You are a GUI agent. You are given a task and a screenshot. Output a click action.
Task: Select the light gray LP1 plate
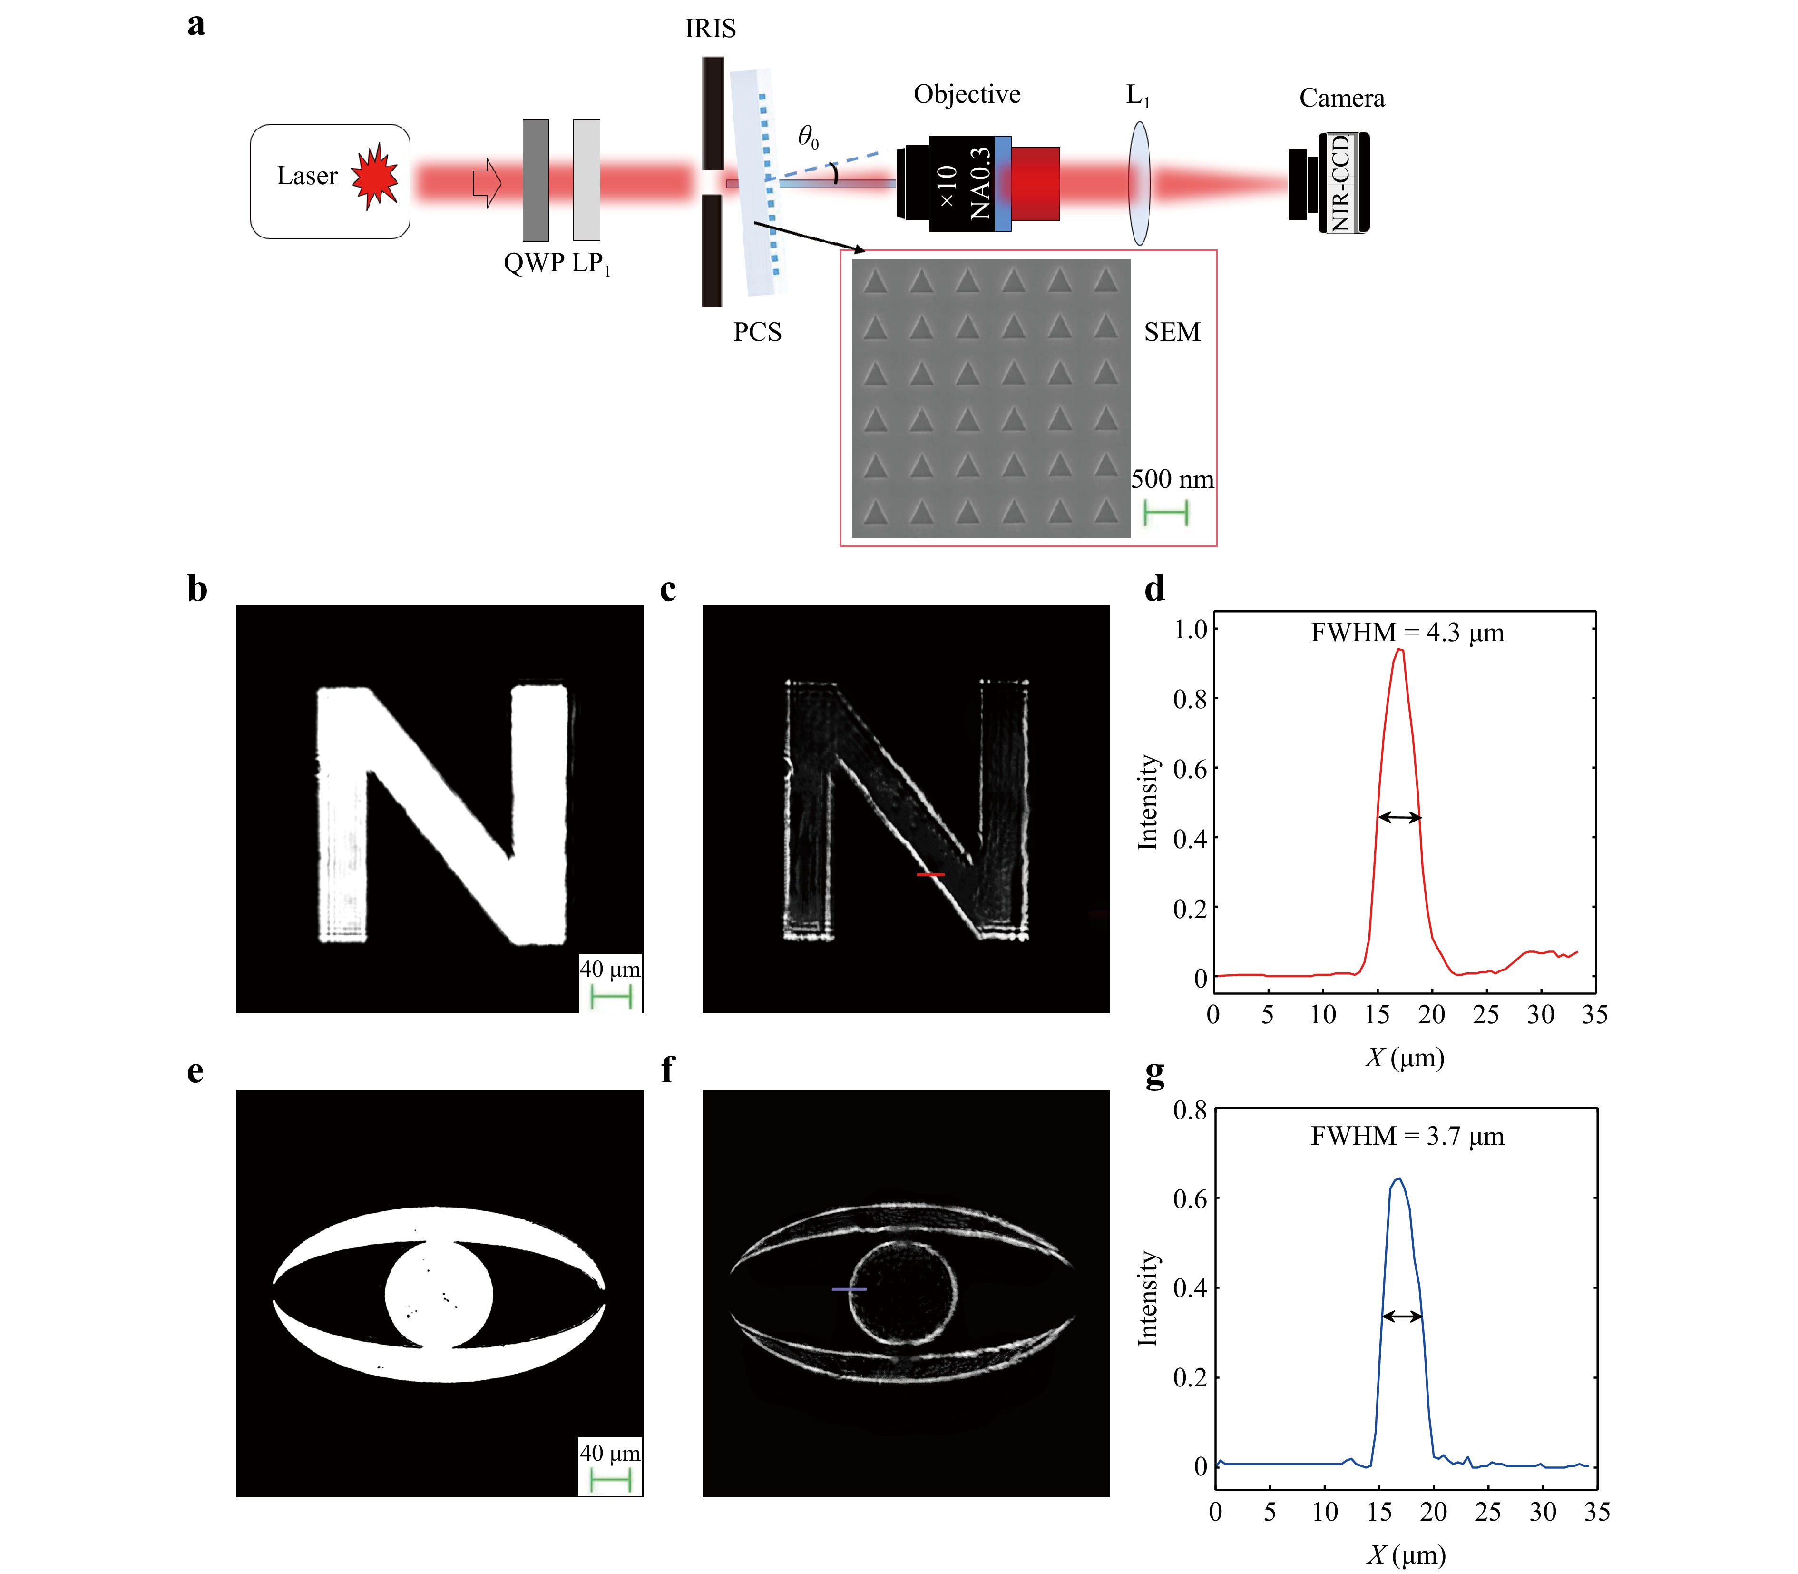coord(586,180)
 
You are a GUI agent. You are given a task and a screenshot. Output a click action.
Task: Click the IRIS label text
coord(710,29)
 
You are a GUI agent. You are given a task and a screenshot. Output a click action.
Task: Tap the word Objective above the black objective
coord(967,94)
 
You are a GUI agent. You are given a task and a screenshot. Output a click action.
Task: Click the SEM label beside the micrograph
coord(1171,332)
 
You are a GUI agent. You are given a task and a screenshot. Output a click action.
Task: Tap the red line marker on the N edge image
coord(930,875)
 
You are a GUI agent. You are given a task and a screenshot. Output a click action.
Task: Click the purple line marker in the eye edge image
coord(849,1289)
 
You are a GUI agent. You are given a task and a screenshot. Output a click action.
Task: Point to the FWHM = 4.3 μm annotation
coord(1407,633)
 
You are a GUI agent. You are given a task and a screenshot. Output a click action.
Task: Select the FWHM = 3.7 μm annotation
coord(1407,1137)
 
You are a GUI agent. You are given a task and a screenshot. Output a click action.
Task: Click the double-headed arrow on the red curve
coord(1399,818)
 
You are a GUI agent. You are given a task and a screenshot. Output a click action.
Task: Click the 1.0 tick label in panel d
coord(1191,629)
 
